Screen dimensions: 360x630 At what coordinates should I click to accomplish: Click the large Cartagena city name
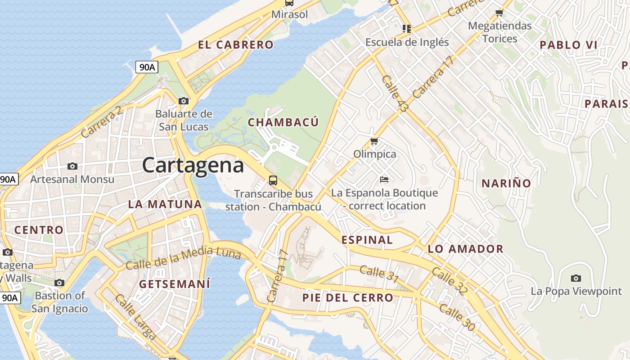pyautogui.click(x=193, y=165)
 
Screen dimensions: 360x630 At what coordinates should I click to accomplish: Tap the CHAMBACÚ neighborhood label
pyautogui.click(x=283, y=122)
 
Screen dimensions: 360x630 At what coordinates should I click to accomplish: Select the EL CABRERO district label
pyautogui.click(x=235, y=45)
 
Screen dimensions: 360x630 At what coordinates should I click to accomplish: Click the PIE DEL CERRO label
pyautogui.click(x=348, y=297)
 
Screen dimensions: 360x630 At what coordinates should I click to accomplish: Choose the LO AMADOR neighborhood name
pyautogui.click(x=465, y=249)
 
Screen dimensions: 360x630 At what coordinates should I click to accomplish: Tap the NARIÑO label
pyautogui.click(x=506, y=183)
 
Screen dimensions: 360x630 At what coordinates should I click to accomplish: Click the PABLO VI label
pyautogui.click(x=568, y=45)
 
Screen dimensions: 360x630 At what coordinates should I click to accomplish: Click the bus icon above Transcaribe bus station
pyautogui.click(x=273, y=180)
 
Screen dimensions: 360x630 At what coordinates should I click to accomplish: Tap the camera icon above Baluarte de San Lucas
pyautogui.click(x=183, y=101)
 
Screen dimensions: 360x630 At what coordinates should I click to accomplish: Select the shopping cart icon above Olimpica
pyautogui.click(x=374, y=141)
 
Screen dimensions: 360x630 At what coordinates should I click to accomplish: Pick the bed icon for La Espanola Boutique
pyautogui.click(x=384, y=180)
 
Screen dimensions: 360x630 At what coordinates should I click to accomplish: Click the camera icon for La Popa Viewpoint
pyautogui.click(x=576, y=278)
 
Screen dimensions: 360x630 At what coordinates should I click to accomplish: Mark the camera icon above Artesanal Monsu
pyautogui.click(x=72, y=166)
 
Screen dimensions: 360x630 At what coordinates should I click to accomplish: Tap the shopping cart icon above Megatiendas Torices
pyautogui.click(x=499, y=13)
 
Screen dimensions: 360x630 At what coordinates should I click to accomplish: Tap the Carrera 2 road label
pyautogui.click(x=102, y=121)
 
